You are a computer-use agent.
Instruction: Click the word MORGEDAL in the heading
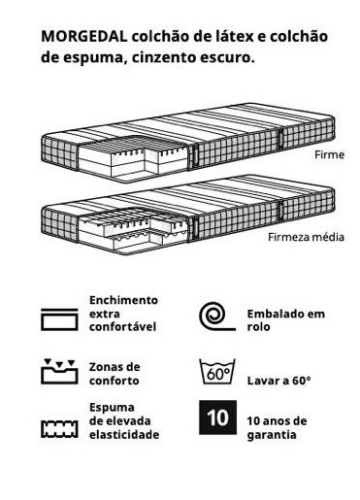point(82,36)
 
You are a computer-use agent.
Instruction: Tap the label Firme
point(329,154)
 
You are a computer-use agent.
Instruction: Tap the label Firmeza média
point(306,237)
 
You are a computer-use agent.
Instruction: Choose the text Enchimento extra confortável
point(122,316)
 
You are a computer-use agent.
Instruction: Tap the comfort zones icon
point(58,371)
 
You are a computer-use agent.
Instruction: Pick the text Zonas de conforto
point(115,373)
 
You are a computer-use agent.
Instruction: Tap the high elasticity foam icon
point(58,428)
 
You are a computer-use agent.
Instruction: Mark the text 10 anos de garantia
point(277,427)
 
